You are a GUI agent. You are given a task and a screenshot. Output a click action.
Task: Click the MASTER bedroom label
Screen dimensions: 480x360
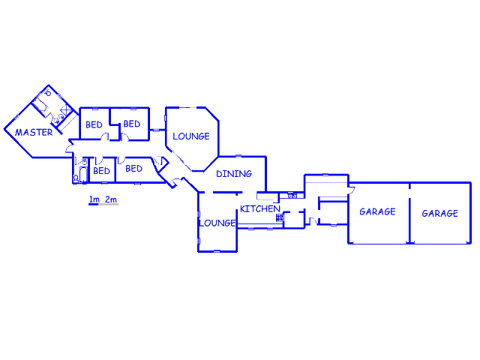[x=34, y=132]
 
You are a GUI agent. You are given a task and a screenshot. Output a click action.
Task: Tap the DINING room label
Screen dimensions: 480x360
[x=234, y=174]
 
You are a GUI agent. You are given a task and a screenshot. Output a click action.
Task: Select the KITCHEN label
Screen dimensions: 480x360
[x=260, y=208]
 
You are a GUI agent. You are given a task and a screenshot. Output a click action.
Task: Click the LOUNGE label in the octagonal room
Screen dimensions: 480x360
[x=191, y=136]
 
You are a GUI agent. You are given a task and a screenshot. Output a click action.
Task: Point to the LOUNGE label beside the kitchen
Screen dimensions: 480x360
[x=217, y=223]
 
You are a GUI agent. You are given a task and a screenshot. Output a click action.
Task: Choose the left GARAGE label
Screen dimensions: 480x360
[x=377, y=211]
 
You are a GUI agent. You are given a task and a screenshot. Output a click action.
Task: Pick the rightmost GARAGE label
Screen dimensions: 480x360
[x=440, y=213]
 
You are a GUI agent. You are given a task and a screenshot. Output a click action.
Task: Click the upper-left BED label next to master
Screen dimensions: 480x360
[x=94, y=125]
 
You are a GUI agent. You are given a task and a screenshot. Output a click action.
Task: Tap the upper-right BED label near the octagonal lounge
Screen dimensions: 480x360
[x=132, y=124]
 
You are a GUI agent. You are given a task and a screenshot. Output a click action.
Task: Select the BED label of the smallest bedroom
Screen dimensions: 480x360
[x=101, y=171]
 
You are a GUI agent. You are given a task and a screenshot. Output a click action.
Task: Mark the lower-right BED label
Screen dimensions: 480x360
[x=133, y=169]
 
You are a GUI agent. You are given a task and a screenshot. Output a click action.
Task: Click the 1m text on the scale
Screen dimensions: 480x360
[x=94, y=199]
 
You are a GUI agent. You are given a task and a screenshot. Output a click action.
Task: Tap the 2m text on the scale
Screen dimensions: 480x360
[x=111, y=199]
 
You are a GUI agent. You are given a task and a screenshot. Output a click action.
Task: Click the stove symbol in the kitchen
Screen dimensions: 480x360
[x=280, y=217]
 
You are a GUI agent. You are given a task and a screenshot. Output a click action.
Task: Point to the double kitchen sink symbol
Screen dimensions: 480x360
[x=292, y=195]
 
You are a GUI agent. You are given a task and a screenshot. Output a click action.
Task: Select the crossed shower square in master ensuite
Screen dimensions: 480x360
[x=66, y=109]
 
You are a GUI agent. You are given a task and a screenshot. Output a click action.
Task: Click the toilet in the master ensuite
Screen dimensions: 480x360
[x=48, y=92]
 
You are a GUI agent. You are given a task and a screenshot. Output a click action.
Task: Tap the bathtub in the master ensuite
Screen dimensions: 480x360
[x=40, y=103]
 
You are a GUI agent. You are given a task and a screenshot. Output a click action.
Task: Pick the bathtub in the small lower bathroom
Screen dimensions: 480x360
[x=83, y=175]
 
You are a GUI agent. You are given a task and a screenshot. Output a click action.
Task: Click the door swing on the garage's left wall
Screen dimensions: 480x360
[x=352, y=190]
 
